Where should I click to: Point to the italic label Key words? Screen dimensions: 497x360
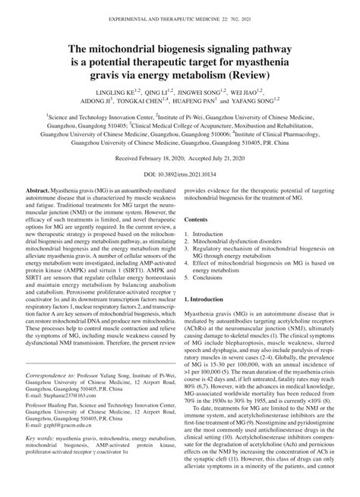click(x=40, y=482)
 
